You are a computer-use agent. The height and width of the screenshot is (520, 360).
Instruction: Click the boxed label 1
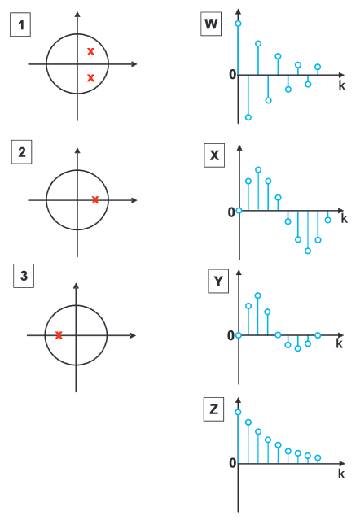pos(20,24)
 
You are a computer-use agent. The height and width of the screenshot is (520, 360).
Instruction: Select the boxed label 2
pos(21,152)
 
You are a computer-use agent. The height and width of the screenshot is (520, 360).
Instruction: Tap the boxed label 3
pos(24,276)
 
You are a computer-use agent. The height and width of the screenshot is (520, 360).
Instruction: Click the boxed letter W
pos(211,24)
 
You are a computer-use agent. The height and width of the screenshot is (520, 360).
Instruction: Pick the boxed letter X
pos(214,155)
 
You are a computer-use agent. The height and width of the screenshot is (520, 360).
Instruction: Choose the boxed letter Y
pos(218,282)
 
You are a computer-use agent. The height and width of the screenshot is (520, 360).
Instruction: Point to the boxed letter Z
pos(213,409)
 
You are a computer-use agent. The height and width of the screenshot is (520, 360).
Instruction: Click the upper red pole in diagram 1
pos(90,51)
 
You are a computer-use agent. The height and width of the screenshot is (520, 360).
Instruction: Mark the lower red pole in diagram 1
pos(90,78)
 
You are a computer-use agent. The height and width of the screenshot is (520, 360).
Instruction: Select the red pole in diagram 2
pos(95,199)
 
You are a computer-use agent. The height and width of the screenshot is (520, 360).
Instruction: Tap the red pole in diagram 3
pos(59,335)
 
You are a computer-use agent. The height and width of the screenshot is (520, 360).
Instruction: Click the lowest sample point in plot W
pos(248,117)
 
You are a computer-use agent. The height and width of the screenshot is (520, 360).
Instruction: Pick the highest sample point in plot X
pos(258,170)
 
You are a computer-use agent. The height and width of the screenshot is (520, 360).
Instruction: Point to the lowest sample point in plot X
pos(308,251)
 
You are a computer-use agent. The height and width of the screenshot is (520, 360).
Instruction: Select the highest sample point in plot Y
pos(258,295)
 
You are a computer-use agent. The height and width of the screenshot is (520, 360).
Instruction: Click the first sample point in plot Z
pos(238,413)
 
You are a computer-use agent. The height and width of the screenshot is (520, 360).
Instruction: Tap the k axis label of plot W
pos(342,85)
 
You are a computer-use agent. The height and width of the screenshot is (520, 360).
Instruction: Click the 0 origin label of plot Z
pos(233,463)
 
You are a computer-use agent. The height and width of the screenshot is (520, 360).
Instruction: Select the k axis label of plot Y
pos(339,343)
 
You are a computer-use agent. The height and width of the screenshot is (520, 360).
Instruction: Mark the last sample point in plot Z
pos(318,458)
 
